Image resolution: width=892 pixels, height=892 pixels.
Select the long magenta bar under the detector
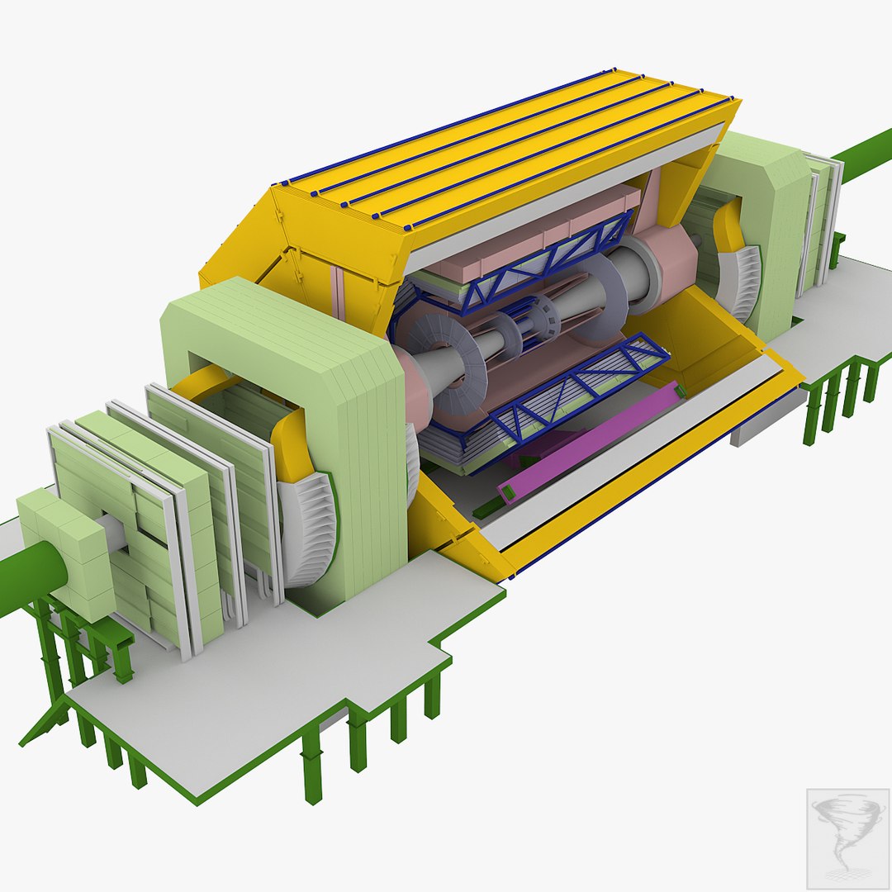pos(595,438)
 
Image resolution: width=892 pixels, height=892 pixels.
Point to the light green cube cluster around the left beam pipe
pos(66,553)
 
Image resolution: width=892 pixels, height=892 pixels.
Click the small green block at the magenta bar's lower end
pos(505,493)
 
